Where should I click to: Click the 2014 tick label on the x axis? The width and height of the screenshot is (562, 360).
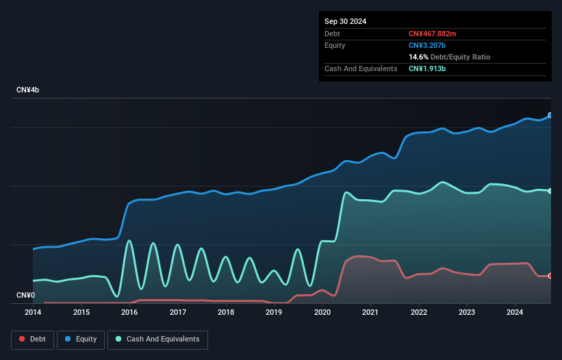click(33, 312)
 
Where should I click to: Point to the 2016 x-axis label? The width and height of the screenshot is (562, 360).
click(129, 312)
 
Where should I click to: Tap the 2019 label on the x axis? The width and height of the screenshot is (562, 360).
click(274, 312)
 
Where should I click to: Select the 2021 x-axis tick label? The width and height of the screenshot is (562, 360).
click(370, 312)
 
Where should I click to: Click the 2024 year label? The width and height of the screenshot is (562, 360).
click(515, 312)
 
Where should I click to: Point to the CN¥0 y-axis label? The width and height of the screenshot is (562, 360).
click(25, 296)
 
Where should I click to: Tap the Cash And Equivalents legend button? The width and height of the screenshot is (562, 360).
click(157, 339)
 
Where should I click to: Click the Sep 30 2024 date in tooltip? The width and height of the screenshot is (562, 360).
click(345, 21)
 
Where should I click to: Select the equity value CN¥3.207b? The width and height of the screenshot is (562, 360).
click(428, 45)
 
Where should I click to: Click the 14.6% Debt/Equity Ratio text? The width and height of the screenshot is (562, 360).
click(449, 57)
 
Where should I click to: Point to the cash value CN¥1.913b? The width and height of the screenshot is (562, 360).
click(428, 68)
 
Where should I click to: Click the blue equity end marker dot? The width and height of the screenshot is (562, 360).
click(550, 115)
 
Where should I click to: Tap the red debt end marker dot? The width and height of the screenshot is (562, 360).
click(550, 276)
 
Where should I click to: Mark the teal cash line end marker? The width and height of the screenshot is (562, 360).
click(550, 191)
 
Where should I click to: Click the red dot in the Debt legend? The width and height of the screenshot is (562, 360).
click(23, 339)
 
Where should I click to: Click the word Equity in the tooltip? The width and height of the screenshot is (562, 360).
click(335, 45)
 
